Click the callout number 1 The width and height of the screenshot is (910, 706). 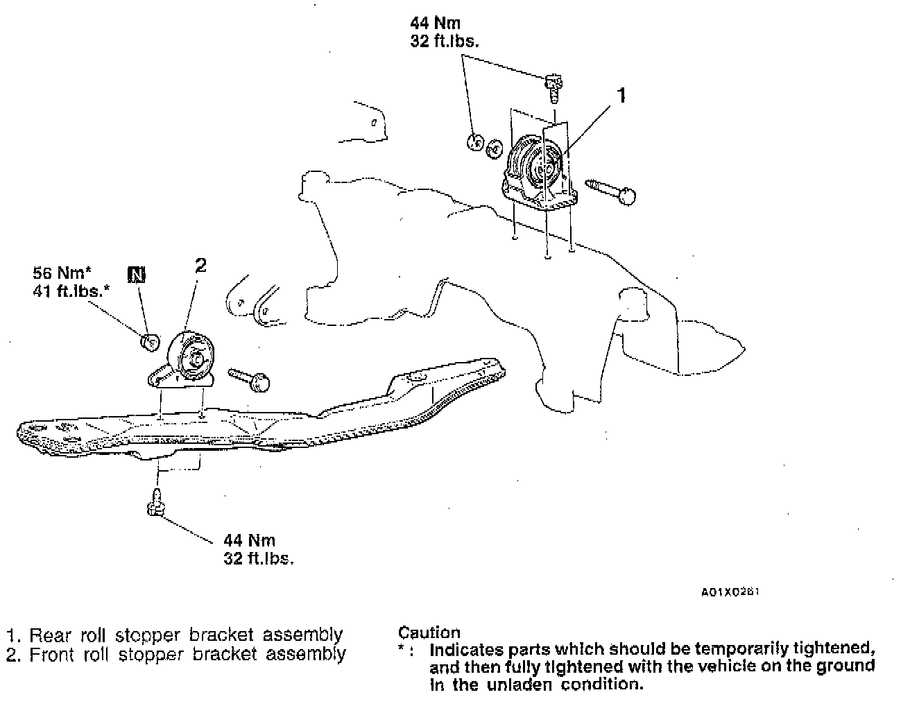coord(621,95)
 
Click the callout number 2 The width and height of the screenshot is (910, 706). coord(200,265)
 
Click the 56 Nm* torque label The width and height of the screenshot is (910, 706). coord(62,273)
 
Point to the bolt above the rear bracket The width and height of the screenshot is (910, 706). coord(553,85)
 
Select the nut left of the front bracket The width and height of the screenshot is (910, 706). coord(149,342)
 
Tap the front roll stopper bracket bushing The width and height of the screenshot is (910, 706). coord(194,359)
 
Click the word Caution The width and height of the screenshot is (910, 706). coord(429,632)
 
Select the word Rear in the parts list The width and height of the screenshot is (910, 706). coord(49,635)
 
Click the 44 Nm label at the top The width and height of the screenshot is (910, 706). coord(435,23)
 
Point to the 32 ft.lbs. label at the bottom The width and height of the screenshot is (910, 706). coord(258,558)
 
